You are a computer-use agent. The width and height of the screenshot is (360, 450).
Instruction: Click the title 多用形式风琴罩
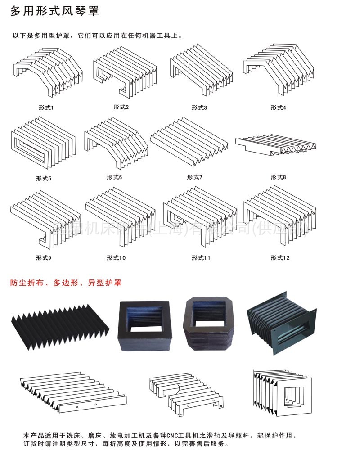[54, 11]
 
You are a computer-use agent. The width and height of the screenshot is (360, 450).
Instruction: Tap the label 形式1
[46, 108]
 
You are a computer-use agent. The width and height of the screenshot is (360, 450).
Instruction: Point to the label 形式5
[44, 178]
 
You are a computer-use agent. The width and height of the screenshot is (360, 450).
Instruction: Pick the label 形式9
[44, 258]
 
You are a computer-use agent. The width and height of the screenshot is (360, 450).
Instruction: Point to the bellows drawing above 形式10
[120, 214]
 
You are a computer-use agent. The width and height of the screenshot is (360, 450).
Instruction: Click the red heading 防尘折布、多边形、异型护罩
[66, 283]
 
